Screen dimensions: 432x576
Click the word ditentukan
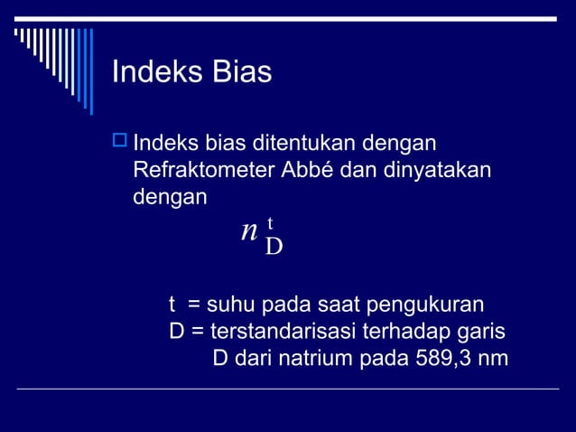tap(295, 143)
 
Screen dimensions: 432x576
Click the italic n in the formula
tap(249, 231)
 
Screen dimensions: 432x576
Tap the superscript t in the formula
tap(270, 222)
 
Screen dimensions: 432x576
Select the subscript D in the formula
tap(274, 246)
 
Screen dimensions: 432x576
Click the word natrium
tap(318, 359)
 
